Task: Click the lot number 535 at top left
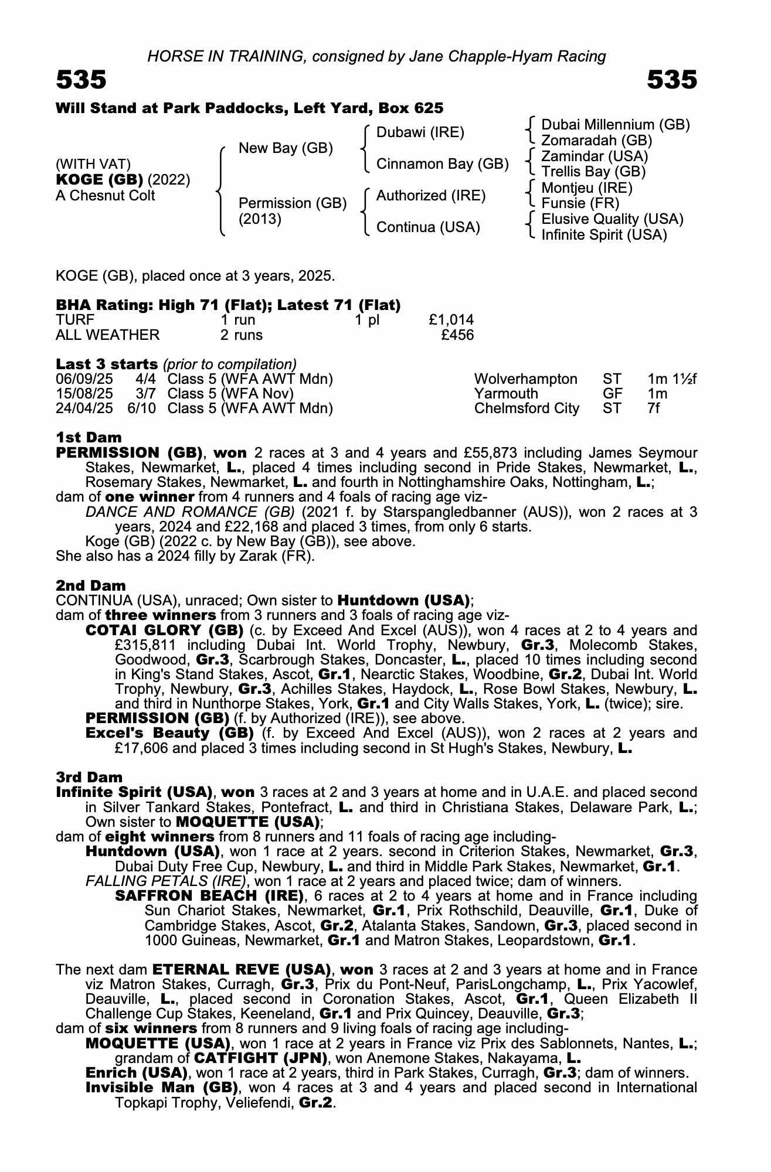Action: point(81,80)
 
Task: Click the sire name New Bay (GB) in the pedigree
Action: point(286,148)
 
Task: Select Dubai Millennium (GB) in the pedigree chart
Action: point(615,125)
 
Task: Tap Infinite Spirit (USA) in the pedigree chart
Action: point(604,235)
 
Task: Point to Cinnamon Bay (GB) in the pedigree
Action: point(442,164)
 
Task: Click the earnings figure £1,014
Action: point(451,320)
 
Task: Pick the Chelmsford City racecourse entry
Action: point(526,408)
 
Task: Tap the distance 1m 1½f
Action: point(672,379)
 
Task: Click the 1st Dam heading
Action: point(89,437)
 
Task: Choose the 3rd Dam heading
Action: point(89,777)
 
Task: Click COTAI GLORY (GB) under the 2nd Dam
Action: point(164,631)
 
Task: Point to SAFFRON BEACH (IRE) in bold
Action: point(209,896)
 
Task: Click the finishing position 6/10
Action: point(141,408)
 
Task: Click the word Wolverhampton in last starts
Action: point(525,379)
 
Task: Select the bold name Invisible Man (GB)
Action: point(161,1088)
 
